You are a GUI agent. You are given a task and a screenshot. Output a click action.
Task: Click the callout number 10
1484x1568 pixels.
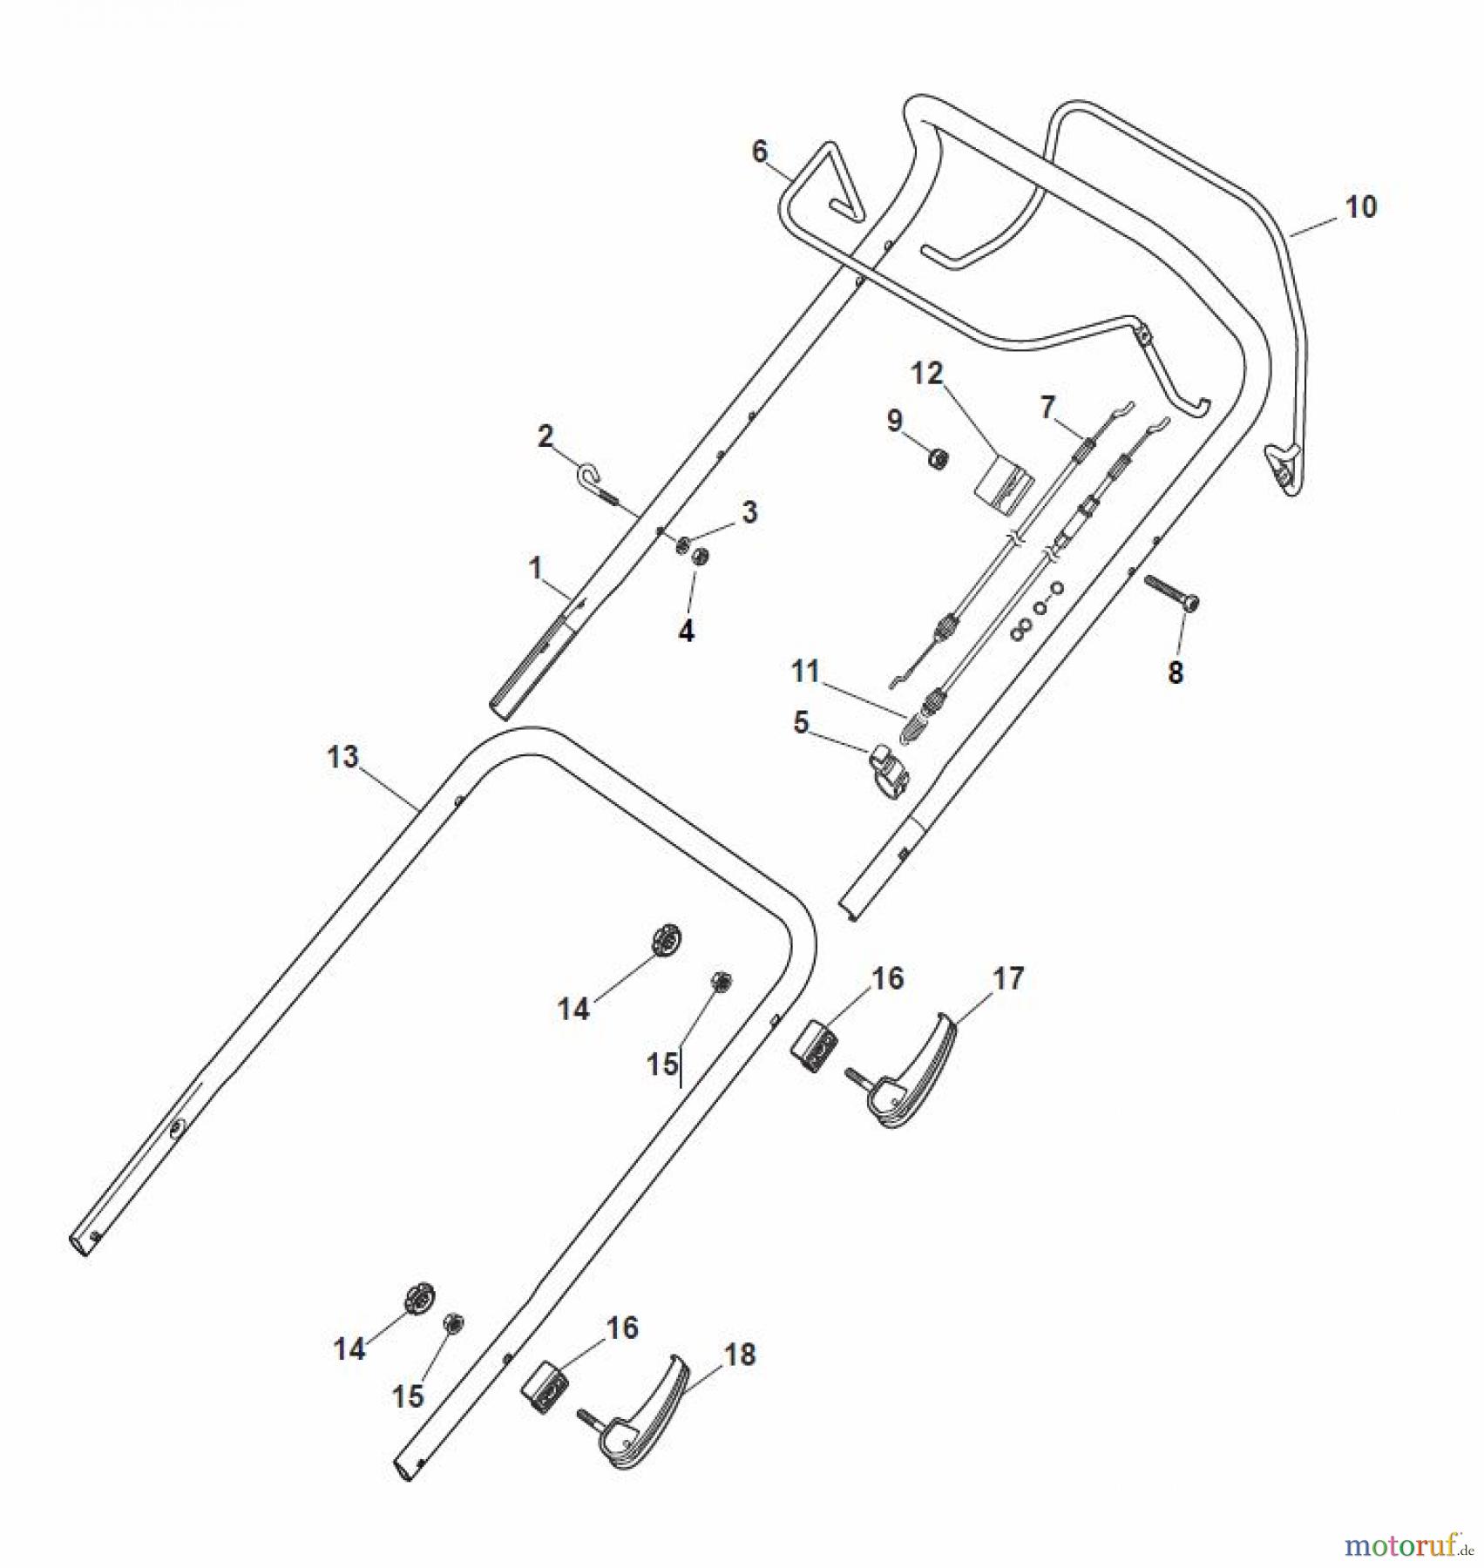point(1360,207)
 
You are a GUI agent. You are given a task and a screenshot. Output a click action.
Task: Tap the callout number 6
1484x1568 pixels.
point(760,152)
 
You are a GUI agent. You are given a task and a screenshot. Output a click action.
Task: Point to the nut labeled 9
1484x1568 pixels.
point(939,457)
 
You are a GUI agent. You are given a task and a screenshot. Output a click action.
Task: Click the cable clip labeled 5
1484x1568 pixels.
point(884,762)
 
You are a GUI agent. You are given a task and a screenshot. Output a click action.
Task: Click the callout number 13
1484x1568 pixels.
point(342,757)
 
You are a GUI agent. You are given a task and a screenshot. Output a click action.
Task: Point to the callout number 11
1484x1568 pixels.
point(805,671)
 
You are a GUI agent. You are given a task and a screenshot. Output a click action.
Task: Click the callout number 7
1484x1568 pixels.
point(1047,406)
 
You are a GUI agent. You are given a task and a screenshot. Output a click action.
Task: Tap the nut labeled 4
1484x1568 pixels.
point(699,557)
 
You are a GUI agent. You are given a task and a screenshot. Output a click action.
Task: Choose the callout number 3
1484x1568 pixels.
point(749,512)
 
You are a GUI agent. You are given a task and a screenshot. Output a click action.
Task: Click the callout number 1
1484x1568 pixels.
point(535,569)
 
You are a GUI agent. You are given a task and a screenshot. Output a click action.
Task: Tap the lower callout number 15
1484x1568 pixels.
point(408,1396)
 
